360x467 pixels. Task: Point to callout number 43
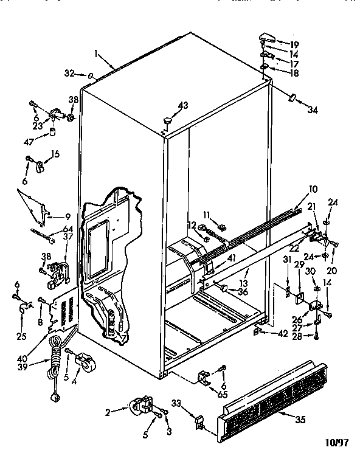[x=182, y=106]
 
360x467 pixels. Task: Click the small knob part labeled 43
[x=165, y=123]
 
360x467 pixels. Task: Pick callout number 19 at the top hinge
[x=294, y=44]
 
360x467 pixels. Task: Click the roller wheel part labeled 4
[x=83, y=362]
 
